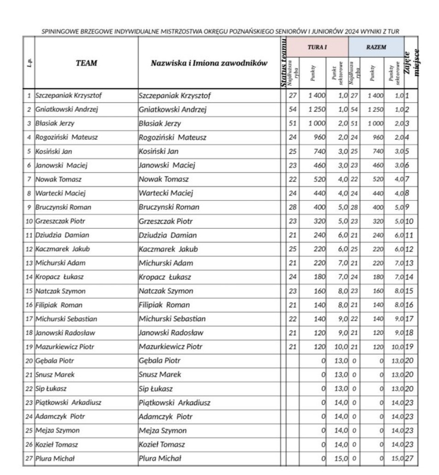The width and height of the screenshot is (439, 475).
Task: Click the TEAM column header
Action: coord(86,63)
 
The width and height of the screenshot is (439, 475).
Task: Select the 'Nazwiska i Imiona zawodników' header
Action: coord(209,63)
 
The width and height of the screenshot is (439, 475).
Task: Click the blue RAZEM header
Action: coord(376,47)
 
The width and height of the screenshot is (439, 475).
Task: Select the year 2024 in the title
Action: coord(352,31)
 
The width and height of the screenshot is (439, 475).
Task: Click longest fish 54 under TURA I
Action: coord(293,110)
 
